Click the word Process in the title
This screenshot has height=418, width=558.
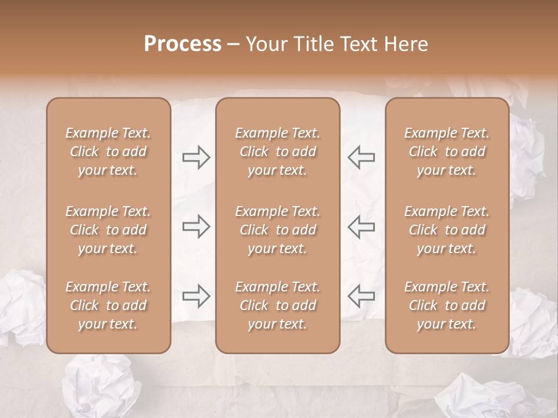coord(183,44)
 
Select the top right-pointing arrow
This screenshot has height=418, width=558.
coord(196,157)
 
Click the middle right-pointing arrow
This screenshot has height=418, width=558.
coord(196,226)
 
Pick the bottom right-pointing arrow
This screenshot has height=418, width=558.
coord(196,296)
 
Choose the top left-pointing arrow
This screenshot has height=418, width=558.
coord(361,157)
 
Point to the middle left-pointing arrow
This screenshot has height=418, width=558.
coord(361,226)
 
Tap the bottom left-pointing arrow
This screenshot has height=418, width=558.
coord(361,296)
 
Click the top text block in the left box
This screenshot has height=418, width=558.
coord(108,152)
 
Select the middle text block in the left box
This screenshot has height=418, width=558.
coord(108,230)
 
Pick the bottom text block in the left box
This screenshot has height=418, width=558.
coord(108,305)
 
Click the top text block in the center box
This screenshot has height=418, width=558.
coord(278,152)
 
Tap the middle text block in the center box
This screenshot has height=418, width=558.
coord(278,230)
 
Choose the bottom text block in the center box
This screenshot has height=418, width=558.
coord(278,305)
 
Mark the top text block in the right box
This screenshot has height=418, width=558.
coord(447,152)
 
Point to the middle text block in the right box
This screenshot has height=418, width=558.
coord(447,230)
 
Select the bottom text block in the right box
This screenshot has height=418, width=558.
coord(447,305)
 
